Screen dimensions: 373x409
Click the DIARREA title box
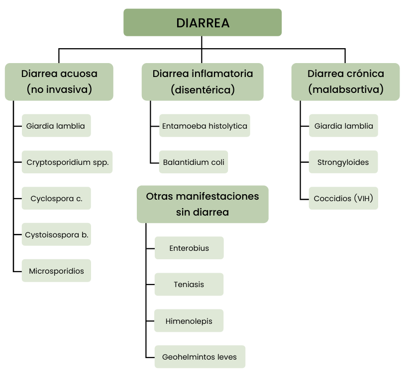(203, 22)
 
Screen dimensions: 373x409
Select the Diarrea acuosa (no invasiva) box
(59, 81)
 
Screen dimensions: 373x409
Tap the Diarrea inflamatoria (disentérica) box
(203, 81)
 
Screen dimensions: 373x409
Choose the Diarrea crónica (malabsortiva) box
(345, 81)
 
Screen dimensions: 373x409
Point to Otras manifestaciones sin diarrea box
(203, 204)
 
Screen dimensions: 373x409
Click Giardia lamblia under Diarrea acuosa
(56, 126)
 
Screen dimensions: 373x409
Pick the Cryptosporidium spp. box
(67, 162)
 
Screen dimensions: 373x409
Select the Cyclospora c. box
(56, 198)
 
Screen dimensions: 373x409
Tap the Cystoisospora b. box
(56, 234)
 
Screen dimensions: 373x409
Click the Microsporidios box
(56, 271)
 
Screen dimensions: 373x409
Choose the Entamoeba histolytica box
(204, 126)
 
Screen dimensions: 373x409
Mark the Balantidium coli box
(194, 162)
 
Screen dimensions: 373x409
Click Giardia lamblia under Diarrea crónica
(343, 126)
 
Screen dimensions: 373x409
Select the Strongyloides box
(343, 162)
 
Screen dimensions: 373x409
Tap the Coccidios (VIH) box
(343, 198)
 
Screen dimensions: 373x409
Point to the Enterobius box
(189, 248)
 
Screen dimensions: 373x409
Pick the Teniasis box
(189, 284)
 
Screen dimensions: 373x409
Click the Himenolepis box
(189, 321)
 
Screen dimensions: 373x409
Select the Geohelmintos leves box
(200, 357)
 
